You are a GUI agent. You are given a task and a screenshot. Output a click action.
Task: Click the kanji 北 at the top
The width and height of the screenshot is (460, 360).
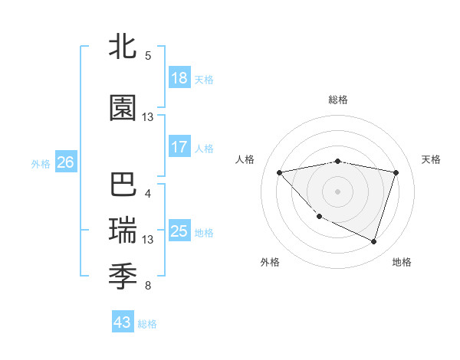(x=123, y=47)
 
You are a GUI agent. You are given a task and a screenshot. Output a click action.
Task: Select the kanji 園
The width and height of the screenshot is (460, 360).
(x=123, y=110)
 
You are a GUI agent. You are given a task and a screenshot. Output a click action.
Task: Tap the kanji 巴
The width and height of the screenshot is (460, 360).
(x=123, y=187)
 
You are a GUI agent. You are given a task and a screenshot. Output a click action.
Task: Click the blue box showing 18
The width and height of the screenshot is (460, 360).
(x=179, y=78)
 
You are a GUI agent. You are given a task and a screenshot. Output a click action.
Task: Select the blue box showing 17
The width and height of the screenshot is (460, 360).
(x=179, y=147)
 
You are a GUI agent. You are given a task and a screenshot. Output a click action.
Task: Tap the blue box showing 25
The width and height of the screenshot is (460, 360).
(x=179, y=231)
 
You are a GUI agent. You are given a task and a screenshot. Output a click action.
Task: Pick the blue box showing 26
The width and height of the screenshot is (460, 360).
(x=66, y=162)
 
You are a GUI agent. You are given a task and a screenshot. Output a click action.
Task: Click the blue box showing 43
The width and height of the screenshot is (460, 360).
(x=123, y=322)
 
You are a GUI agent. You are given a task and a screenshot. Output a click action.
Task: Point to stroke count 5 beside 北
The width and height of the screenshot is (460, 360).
(x=148, y=56)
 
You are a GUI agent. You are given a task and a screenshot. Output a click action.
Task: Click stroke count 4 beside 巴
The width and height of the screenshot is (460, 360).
(x=148, y=193)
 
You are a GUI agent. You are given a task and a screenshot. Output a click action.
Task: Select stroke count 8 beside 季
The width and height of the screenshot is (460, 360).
(x=148, y=286)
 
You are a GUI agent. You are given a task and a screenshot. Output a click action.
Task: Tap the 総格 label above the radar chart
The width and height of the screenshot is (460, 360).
(x=337, y=100)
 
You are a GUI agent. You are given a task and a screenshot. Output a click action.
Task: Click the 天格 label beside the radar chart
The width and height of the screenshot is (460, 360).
(x=432, y=159)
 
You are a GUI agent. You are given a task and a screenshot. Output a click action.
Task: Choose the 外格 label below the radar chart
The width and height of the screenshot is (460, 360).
(x=270, y=262)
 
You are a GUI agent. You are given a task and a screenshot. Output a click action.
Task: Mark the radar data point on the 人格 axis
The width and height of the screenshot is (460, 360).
(x=279, y=172)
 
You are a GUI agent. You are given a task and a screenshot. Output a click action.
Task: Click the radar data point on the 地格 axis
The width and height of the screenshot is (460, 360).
(x=373, y=242)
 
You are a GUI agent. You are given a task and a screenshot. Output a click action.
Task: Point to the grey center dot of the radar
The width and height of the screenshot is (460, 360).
(x=337, y=191)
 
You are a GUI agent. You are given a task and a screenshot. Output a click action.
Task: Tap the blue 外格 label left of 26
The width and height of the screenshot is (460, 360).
(x=41, y=163)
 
